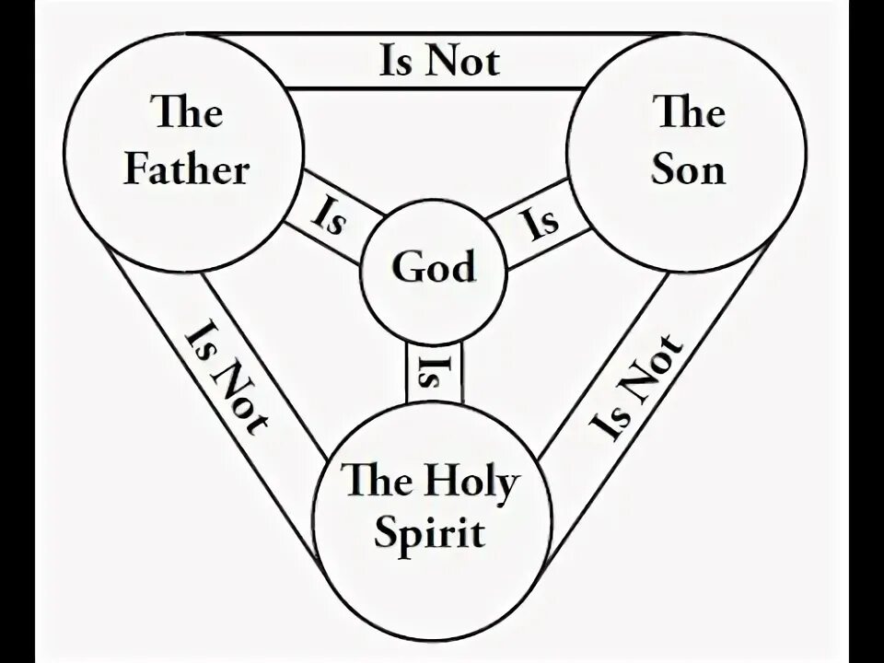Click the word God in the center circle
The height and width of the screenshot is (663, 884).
click(434, 268)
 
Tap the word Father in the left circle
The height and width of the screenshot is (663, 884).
click(186, 171)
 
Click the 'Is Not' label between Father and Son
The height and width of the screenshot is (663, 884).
click(439, 61)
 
